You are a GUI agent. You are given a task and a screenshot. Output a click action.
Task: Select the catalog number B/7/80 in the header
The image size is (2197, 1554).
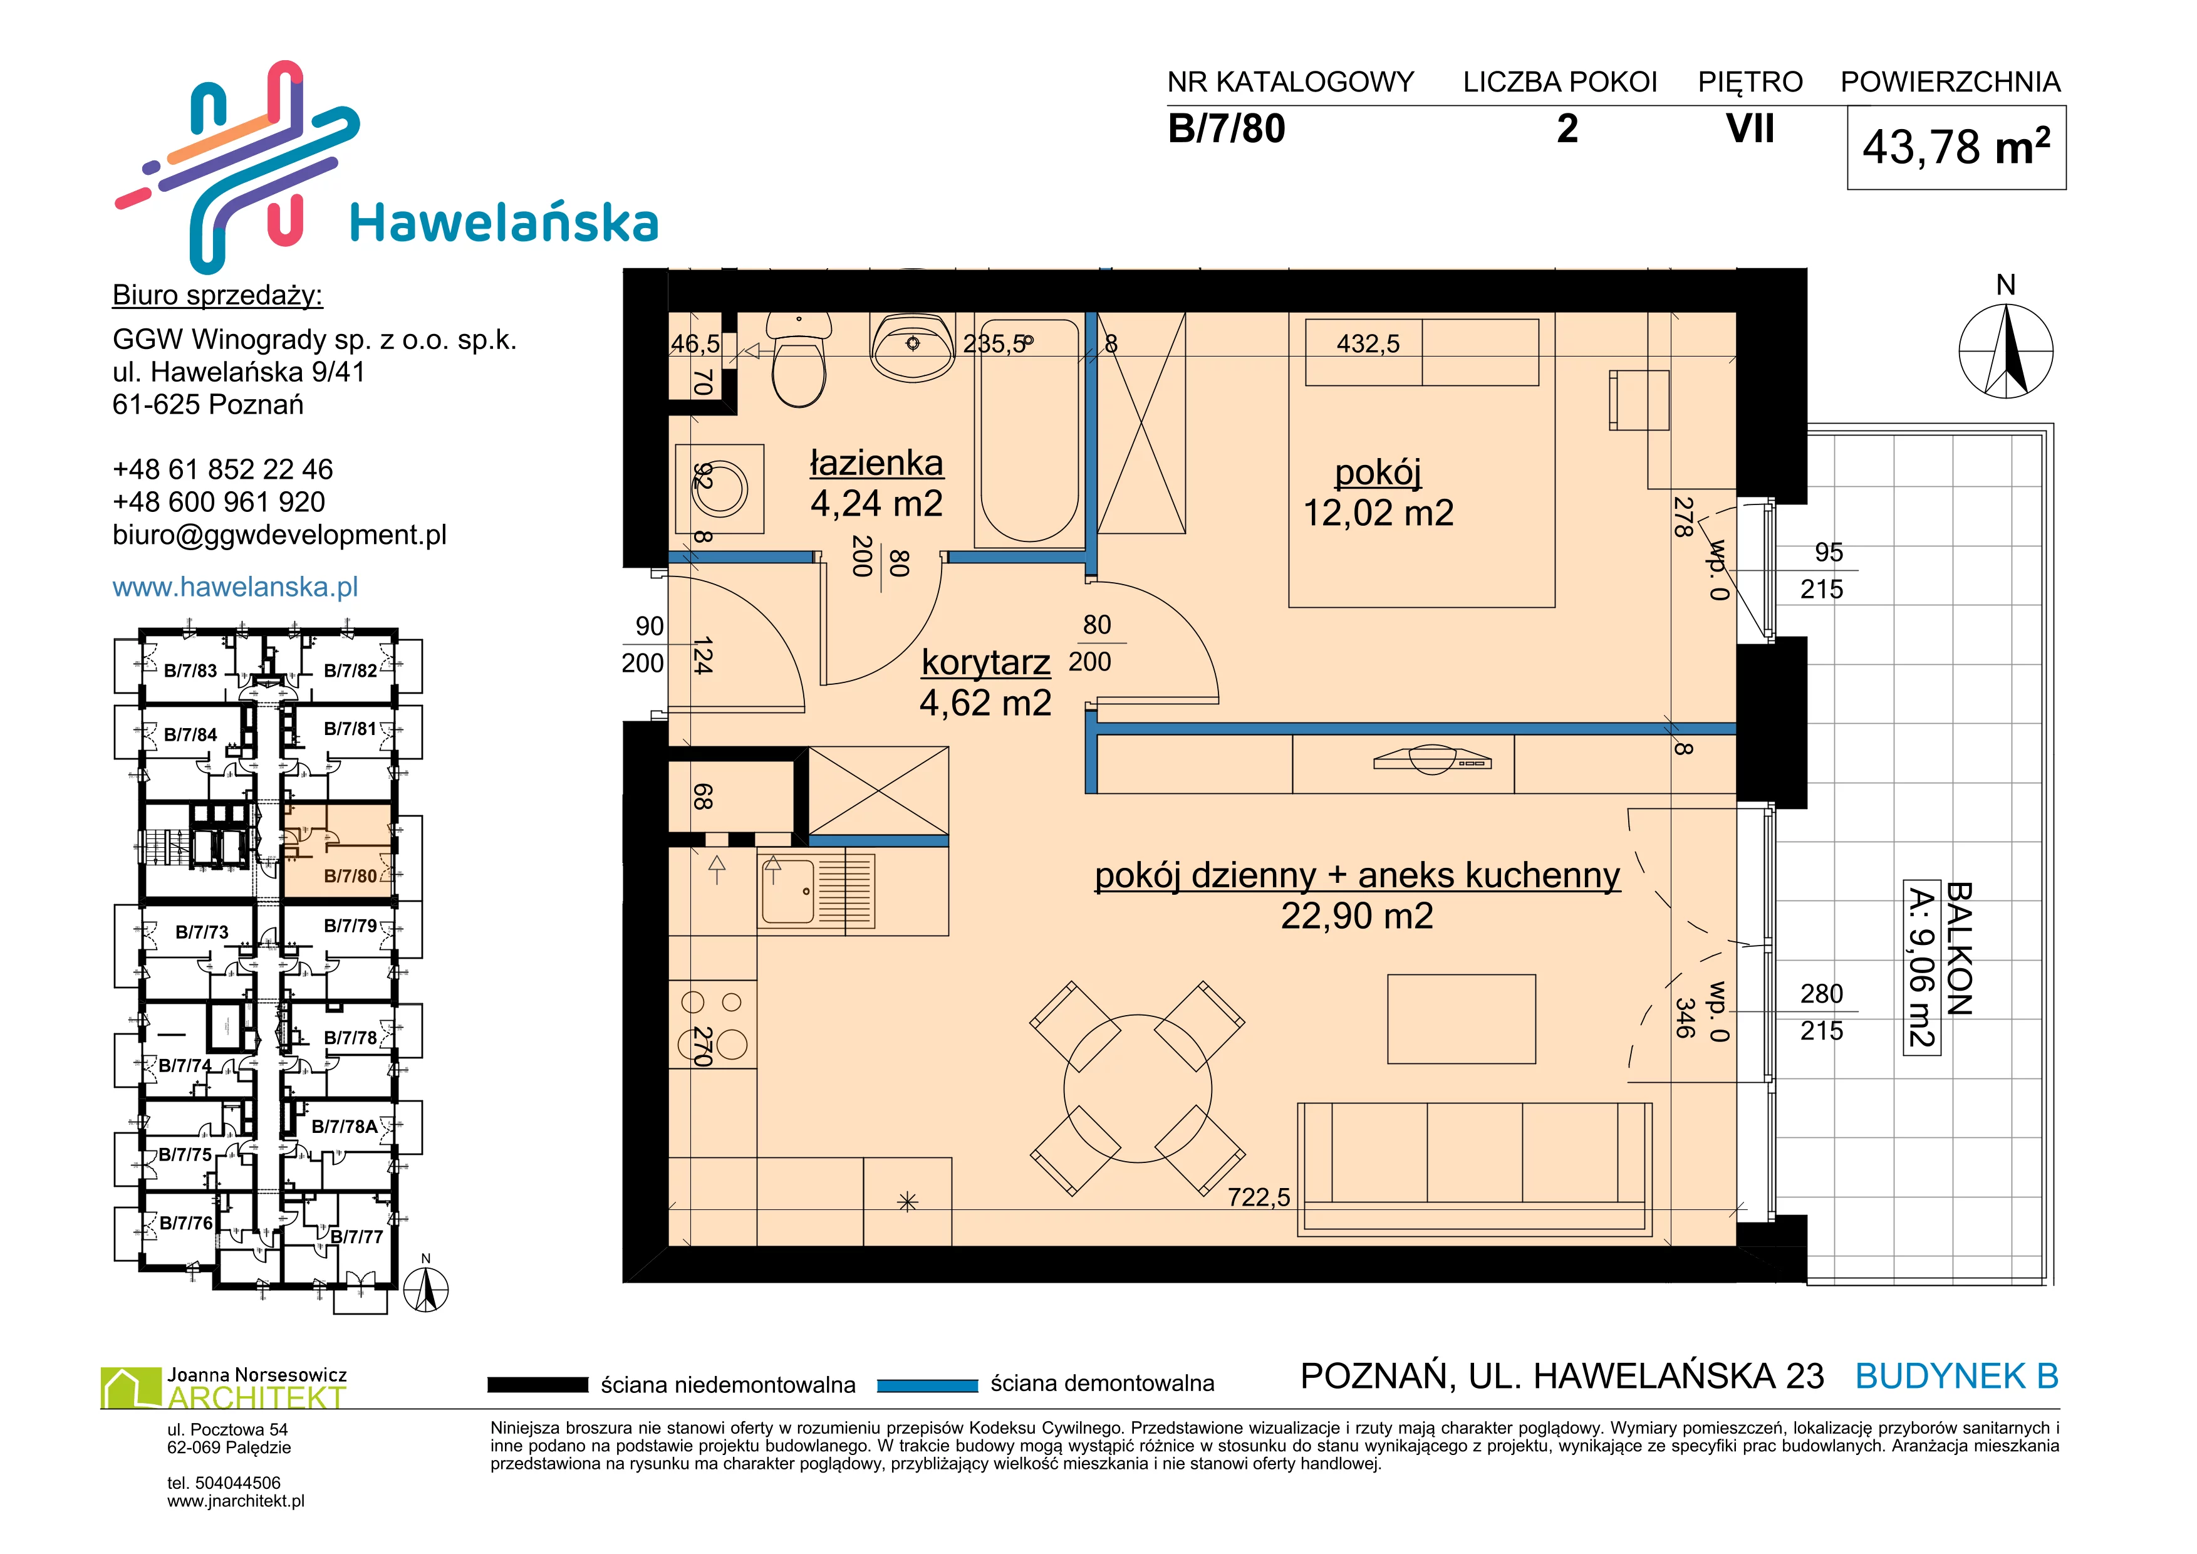coord(1227,129)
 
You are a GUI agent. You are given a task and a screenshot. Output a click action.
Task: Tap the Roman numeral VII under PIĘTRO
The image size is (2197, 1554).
coord(1750,128)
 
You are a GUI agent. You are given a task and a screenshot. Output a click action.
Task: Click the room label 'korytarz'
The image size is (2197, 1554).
coord(985,662)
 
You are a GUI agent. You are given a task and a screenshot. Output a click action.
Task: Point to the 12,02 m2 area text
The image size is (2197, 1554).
coord(1378,513)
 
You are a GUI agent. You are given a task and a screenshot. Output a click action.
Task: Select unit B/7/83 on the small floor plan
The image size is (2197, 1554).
coord(190,670)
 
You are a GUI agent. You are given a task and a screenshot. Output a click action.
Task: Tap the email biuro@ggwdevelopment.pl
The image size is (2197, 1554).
coord(279,535)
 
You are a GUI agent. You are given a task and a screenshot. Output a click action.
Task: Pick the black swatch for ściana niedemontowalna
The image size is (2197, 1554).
coord(537,1385)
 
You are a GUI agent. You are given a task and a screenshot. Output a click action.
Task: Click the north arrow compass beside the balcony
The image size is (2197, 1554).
coord(2007,350)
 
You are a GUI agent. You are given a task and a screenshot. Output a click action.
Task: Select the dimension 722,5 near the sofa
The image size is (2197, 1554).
coord(1259,1197)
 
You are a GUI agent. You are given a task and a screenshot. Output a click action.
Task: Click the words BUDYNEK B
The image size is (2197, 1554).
coord(1957,1376)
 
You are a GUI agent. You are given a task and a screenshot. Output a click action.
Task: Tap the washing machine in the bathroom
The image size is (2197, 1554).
coord(720,489)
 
